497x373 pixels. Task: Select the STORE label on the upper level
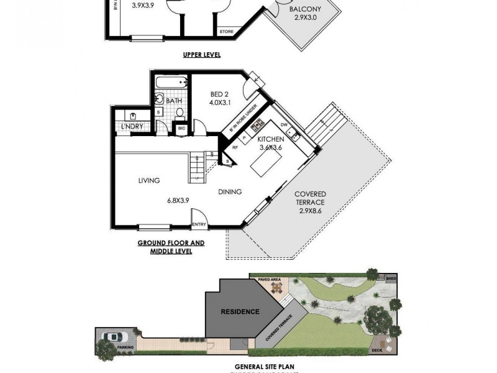[x=226, y=30]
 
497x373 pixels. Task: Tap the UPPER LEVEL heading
[x=202, y=55]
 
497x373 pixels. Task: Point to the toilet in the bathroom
[x=180, y=113]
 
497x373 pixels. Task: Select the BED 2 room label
[x=216, y=94]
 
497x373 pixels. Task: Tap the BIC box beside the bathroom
[x=181, y=128]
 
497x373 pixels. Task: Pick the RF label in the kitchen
[x=235, y=147]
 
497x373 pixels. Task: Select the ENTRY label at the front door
[x=199, y=224]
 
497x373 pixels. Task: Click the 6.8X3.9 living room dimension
[x=178, y=201]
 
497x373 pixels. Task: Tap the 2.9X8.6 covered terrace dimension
[x=309, y=211]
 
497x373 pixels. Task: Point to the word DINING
[x=229, y=192]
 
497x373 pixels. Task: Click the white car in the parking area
[x=111, y=336]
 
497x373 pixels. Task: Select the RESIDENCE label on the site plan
[x=241, y=313]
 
